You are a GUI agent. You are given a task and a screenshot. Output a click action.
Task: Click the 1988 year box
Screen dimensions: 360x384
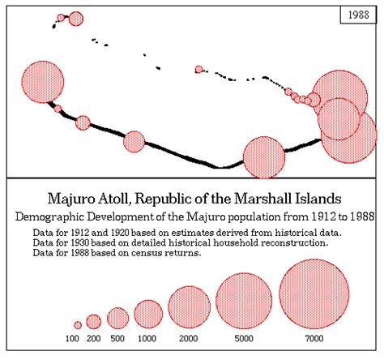click(x=355, y=17)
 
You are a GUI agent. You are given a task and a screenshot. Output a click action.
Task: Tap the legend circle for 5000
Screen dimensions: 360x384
click(x=244, y=301)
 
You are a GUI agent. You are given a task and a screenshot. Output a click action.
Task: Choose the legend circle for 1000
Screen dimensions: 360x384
click(x=148, y=314)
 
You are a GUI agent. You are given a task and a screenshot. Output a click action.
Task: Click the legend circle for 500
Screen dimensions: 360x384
click(x=118, y=318)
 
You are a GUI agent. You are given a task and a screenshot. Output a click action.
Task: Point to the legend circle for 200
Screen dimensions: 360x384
click(x=94, y=321)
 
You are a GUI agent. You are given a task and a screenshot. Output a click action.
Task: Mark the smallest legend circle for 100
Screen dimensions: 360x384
click(x=78, y=324)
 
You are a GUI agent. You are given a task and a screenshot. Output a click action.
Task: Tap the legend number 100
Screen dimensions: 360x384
click(x=73, y=338)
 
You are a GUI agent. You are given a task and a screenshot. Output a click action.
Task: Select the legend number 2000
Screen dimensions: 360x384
click(x=188, y=338)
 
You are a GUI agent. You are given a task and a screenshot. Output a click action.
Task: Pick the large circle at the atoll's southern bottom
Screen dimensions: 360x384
click(x=264, y=156)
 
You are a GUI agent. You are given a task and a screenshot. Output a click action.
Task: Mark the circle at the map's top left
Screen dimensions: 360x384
click(x=76, y=19)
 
